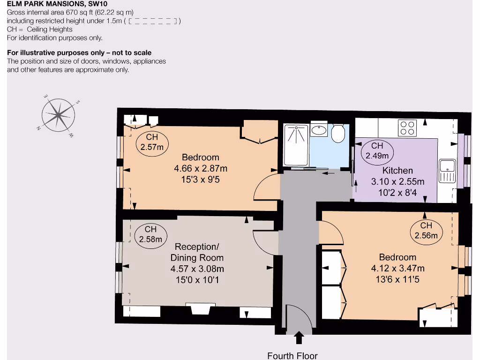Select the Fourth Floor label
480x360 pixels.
coord(292,356)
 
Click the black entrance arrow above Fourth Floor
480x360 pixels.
coord(299,338)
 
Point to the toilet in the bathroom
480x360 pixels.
coord(338,133)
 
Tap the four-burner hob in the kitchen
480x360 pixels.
coord(407,128)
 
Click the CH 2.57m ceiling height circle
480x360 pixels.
coord(152,142)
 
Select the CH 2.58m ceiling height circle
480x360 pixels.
coord(150,234)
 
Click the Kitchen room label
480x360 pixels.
coord(397,171)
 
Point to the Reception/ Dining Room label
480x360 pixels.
coord(197,252)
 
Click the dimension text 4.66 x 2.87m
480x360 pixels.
coord(201,168)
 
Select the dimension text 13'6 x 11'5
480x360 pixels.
coord(397,279)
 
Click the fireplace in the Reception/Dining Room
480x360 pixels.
coord(201,309)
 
